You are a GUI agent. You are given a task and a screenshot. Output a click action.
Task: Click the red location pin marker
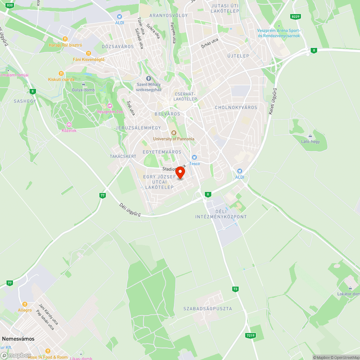[x=180, y=172]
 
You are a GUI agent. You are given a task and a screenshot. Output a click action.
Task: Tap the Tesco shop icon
[x=194, y=157]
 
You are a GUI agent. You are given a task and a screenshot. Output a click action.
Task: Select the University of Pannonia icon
[x=174, y=133]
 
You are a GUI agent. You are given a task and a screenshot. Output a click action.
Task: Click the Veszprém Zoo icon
[x=110, y=105]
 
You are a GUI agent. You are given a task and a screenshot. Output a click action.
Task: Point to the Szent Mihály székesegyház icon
[x=148, y=78]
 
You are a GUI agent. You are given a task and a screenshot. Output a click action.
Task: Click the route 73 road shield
[x=235, y=289]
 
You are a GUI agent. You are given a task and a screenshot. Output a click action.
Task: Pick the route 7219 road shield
[x=251, y=336]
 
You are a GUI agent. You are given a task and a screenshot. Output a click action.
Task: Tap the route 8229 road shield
[x=296, y=17]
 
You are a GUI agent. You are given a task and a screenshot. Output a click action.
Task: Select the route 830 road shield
[x=10, y=5]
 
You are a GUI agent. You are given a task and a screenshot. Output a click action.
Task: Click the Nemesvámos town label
[x=18, y=339]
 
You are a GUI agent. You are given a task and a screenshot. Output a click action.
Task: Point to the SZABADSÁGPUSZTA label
[x=208, y=309]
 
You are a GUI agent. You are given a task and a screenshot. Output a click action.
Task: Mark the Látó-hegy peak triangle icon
[x=310, y=136]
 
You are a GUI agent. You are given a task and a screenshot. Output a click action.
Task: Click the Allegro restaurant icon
[x=25, y=304]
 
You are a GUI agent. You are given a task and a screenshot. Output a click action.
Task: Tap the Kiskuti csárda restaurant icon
[x=61, y=73]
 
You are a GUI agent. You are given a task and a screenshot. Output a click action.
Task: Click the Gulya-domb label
[x=83, y=90]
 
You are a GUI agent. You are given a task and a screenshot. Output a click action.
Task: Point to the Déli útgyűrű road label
[x=130, y=210]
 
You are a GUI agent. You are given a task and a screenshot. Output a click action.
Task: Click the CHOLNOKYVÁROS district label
[x=236, y=108]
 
